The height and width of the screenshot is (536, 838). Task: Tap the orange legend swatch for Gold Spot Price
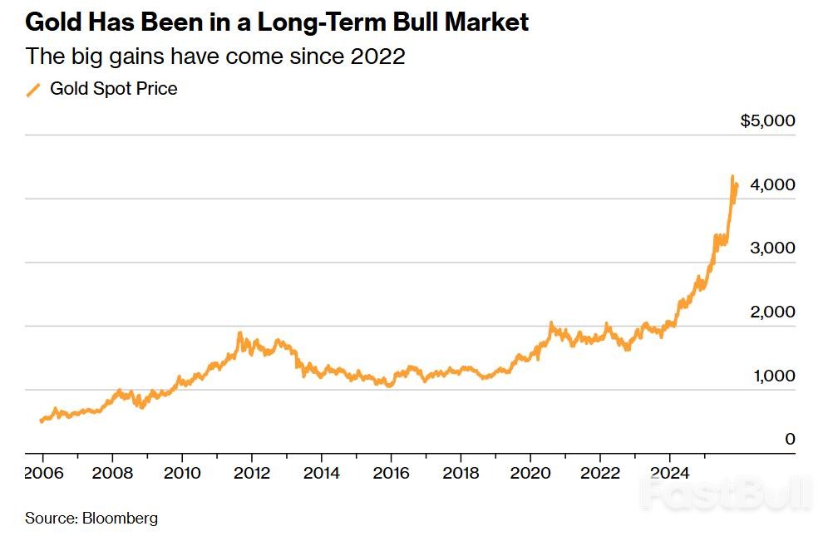tap(34, 90)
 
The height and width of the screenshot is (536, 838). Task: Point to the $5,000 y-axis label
tap(767, 121)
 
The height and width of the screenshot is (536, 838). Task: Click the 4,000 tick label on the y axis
tap(773, 184)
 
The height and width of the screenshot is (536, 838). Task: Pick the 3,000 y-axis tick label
tap(773, 248)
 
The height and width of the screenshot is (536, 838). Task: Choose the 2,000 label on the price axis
tap(773, 312)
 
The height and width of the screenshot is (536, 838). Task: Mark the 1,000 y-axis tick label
tap(773, 376)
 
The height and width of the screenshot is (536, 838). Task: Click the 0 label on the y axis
tap(790, 439)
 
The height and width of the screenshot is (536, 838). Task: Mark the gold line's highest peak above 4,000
tap(732, 176)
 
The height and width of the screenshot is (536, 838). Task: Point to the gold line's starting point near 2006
tap(41, 421)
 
